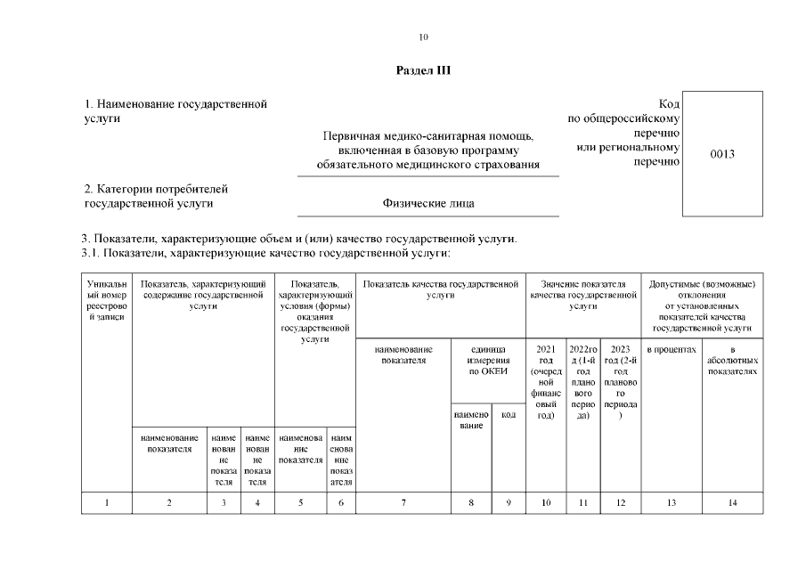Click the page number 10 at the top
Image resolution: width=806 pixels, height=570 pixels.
pyautogui.click(x=423, y=37)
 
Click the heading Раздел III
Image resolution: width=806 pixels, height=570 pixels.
pyautogui.click(x=423, y=70)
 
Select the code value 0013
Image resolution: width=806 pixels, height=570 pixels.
pyautogui.click(x=722, y=154)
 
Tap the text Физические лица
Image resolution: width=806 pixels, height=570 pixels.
pyautogui.click(x=427, y=203)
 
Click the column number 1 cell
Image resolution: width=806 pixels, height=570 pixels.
pyautogui.click(x=107, y=503)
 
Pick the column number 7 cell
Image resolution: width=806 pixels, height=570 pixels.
pyautogui.click(x=403, y=503)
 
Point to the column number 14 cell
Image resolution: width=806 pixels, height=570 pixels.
pyautogui.click(x=732, y=503)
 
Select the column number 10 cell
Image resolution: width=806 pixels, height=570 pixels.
pyautogui.click(x=546, y=503)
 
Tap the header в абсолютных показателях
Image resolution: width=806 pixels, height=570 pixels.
pyautogui.click(x=732, y=360)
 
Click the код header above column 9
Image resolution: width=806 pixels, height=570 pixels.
pyautogui.click(x=509, y=414)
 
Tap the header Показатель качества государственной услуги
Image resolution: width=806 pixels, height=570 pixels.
pyautogui.click(x=441, y=289)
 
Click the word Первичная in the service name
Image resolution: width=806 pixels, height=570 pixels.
pyautogui.click(x=351, y=136)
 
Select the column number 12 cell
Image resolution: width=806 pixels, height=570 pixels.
pyautogui.click(x=621, y=503)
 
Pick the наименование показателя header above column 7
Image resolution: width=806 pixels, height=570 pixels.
pyautogui.click(x=403, y=354)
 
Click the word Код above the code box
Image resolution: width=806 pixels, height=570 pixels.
pyautogui.click(x=669, y=104)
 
